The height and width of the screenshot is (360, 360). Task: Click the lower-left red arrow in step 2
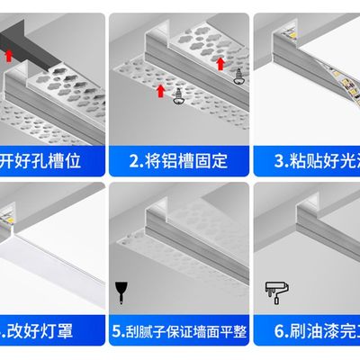tap(160, 90)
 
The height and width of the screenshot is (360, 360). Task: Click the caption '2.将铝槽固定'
tap(178, 163)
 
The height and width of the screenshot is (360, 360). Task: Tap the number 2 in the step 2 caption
tap(133, 163)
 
